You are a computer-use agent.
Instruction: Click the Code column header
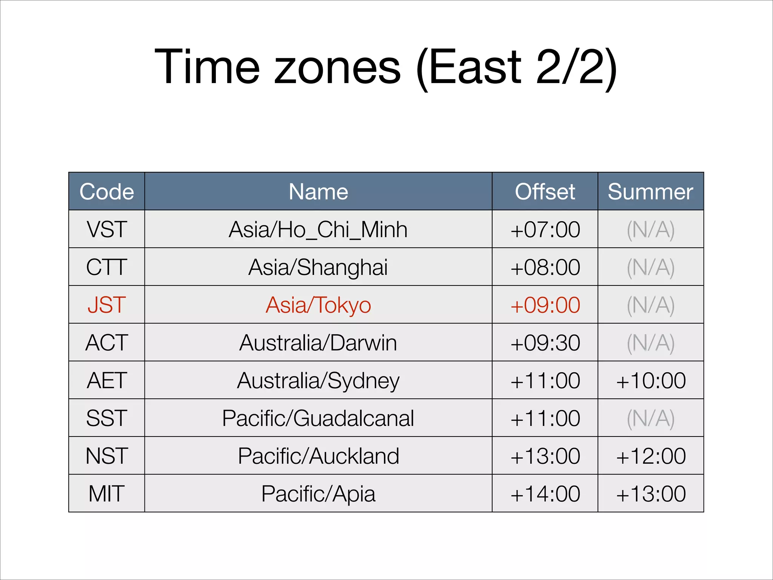pyautogui.click(x=107, y=191)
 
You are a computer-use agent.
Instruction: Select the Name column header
pyautogui.click(x=318, y=191)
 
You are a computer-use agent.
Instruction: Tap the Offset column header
pyautogui.click(x=545, y=191)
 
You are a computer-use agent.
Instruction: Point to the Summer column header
pyautogui.click(x=650, y=191)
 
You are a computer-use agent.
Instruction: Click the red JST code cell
pyautogui.click(x=107, y=305)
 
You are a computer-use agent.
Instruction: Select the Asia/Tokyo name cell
pyautogui.click(x=318, y=305)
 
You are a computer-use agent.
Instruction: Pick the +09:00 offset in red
pyautogui.click(x=545, y=305)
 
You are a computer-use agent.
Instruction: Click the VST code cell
pyautogui.click(x=107, y=229)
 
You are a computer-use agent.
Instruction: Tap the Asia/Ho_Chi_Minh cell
pyautogui.click(x=318, y=229)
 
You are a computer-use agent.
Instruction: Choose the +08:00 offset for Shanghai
pyautogui.click(x=545, y=267)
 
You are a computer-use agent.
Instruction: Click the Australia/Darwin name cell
pyautogui.click(x=318, y=342)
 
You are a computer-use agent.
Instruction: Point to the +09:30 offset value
pyautogui.click(x=545, y=342)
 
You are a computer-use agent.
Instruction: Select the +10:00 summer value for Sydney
pyautogui.click(x=650, y=380)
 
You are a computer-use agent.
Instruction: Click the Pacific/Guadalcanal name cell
pyautogui.click(x=318, y=418)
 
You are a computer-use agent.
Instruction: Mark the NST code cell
pyautogui.click(x=107, y=456)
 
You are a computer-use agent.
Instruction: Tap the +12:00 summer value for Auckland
pyautogui.click(x=650, y=456)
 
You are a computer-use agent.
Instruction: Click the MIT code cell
pyautogui.click(x=107, y=494)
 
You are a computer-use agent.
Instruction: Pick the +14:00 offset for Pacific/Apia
pyautogui.click(x=545, y=494)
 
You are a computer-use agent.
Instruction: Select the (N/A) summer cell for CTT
pyautogui.click(x=650, y=267)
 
